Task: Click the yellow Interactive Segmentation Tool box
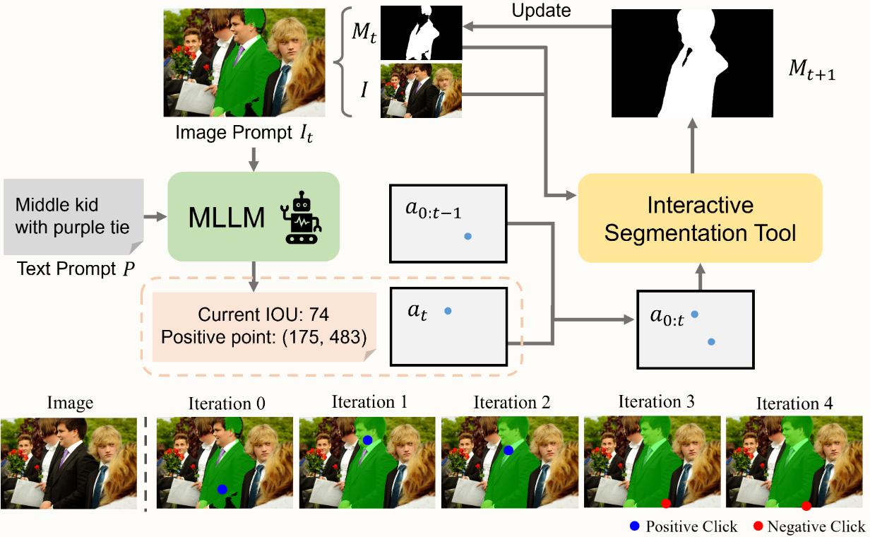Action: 700,219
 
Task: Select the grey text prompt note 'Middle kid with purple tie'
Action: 73,216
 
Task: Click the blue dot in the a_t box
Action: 448,311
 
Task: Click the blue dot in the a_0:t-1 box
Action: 467,237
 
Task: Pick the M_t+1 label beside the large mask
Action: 812,71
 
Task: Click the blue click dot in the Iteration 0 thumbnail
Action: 222,489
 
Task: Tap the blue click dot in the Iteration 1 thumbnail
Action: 368,440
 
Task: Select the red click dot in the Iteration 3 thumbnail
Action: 665,503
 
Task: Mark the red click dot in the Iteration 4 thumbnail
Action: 806,505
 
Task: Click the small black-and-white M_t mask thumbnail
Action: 421,33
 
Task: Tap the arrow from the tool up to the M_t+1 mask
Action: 693,145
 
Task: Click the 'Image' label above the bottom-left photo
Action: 70,403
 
